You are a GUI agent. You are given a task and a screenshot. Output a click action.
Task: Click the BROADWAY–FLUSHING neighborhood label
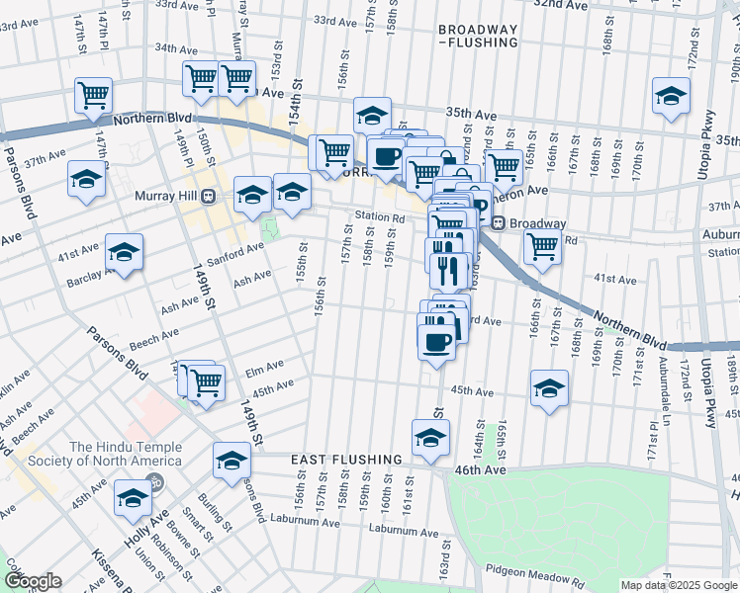(479, 36)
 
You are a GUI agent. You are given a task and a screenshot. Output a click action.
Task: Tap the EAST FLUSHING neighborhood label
(346, 460)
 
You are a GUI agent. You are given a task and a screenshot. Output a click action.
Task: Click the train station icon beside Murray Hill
(208, 196)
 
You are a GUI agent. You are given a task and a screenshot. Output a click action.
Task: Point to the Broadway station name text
(538, 223)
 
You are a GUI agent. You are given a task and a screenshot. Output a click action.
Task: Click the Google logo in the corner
(32, 581)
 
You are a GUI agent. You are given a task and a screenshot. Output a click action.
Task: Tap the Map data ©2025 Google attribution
(678, 585)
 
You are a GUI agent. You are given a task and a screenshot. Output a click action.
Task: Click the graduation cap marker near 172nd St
(671, 96)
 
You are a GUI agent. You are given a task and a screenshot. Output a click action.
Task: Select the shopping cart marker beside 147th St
(93, 96)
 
